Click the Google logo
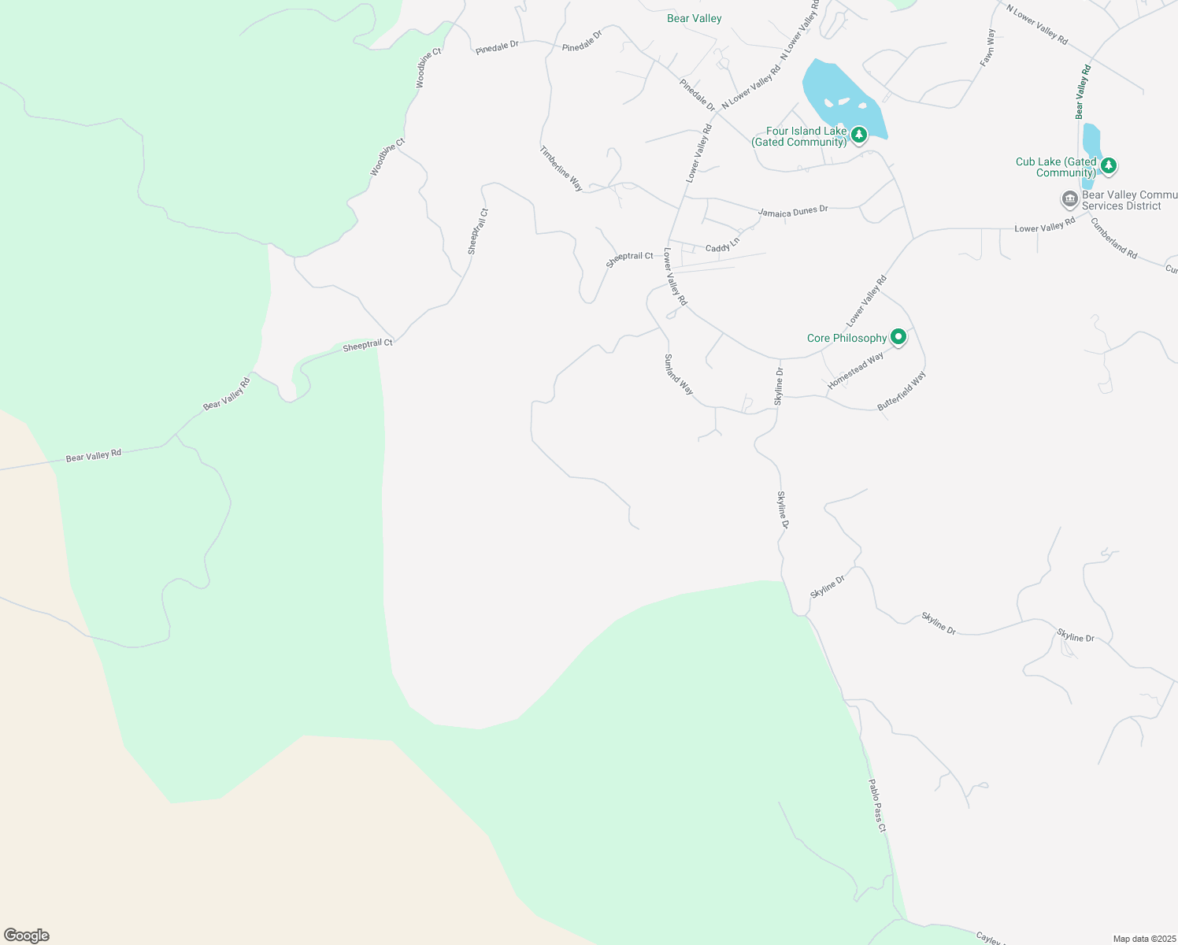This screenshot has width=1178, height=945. tap(27, 936)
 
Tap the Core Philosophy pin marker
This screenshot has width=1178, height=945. tap(898, 338)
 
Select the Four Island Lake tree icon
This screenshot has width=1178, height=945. tap(859, 135)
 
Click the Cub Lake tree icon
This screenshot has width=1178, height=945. tap(1109, 165)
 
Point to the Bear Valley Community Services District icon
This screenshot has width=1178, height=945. tap(1069, 198)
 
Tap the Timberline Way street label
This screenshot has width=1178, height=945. tap(561, 169)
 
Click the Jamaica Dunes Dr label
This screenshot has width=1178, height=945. tap(793, 211)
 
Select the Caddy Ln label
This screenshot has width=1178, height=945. tap(722, 246)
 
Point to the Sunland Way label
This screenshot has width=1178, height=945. tap(679, 374)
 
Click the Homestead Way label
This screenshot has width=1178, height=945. tap(856, 370)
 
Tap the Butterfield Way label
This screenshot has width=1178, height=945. tap(902, 391)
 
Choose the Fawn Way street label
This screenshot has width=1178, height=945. tap(987, 48)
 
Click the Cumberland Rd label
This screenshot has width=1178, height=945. tap(1113, 238)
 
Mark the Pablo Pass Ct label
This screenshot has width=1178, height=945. tap(877, 805)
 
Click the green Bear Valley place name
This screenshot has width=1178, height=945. tap(694, 18)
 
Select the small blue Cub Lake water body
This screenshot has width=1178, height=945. tap(1091, 142)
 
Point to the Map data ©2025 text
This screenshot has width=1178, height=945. tap(1144, 939)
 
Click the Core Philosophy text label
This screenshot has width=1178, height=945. tap(846, 338)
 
